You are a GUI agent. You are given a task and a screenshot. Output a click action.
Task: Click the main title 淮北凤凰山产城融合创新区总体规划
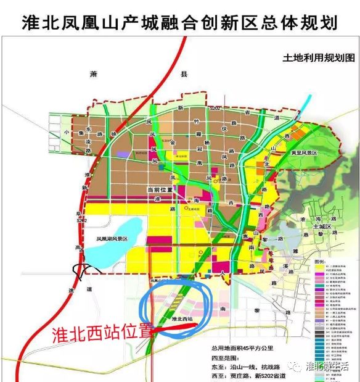[x=179, y=23]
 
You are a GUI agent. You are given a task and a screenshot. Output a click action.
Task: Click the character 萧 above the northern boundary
[x=94, y=73]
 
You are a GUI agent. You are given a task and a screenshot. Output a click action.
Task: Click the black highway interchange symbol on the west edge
[x=80, y=270]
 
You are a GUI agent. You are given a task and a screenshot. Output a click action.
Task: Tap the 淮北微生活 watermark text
[x=327, y=367]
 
